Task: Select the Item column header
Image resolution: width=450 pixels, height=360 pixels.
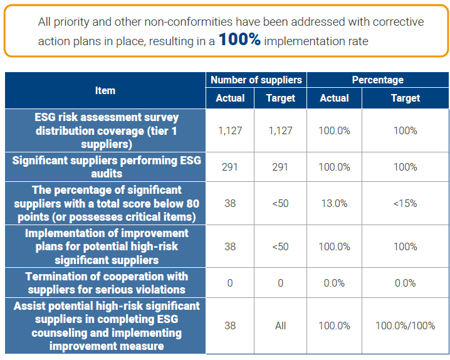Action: point(105,90)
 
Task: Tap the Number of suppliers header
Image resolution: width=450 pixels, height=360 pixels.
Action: point(256,80)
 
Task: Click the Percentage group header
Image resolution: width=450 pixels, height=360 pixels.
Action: point(377,80)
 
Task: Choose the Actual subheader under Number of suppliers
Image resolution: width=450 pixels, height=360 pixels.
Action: point(230,98)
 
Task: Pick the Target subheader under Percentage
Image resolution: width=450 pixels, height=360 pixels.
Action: point(405,98)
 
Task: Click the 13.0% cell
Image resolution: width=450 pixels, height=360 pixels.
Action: point(334,203)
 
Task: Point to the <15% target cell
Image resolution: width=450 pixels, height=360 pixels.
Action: point(405,203)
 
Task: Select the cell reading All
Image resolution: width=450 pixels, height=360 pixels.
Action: point(280,326)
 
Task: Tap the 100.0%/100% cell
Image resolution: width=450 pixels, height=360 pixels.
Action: point(405,326)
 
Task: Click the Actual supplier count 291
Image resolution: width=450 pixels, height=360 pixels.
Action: point(230,167)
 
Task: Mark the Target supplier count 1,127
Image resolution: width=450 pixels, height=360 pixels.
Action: point(280,130)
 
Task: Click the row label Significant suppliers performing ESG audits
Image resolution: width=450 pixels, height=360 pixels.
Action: point(106,167)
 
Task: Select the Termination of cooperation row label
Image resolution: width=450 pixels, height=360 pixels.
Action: point(106,283)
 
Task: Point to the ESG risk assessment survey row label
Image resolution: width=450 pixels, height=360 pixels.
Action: point(106,130)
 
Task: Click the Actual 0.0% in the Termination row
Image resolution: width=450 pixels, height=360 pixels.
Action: point(334,283)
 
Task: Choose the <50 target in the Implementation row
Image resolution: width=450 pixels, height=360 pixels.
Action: point(280,246)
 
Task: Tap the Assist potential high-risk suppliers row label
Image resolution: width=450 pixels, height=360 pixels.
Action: point(106,326)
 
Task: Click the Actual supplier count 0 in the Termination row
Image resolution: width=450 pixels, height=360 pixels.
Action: point(230,283)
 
